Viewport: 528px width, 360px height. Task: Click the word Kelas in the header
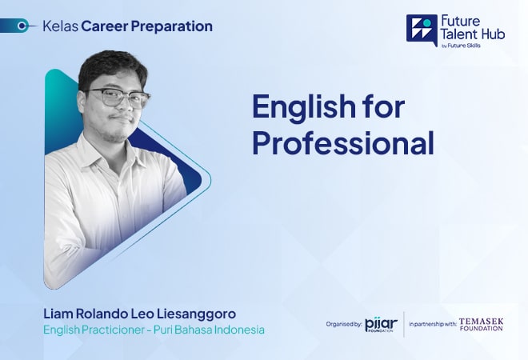coord(61,26)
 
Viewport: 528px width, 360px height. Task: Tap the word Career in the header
coord(104,26)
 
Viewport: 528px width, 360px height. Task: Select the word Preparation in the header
coord(172,26)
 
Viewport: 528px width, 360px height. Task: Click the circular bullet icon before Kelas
coord(22,26)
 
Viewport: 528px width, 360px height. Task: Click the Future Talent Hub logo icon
coord(422,30)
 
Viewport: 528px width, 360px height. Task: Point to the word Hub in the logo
coord(493,34)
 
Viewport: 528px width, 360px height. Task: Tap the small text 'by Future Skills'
coord(461,46)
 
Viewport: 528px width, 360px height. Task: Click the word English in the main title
coord(303,107)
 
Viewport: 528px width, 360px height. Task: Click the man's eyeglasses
coord(118,98)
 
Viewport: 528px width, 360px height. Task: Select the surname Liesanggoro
coord(196,314)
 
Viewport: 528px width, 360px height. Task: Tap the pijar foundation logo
coord(381,325)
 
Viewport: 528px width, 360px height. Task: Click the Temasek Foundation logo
coord(481,324)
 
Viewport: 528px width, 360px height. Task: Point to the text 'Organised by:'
coord(344,324)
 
